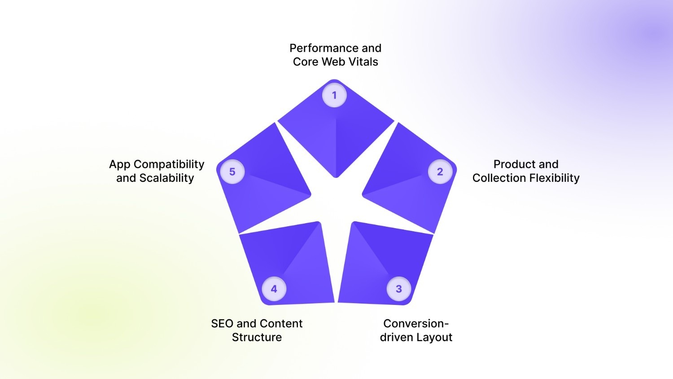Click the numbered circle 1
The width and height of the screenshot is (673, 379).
pyautogui.click(x=334, y=95)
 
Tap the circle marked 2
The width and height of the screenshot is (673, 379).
pyautogui.click(x=440, y=172)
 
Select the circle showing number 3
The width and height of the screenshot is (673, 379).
pyautogui.click(x=399, y=289)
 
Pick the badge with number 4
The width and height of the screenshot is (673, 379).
pyautogui.click(x=274, y=289)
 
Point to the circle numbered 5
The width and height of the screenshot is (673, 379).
pyautogui.click(x=232, y=172)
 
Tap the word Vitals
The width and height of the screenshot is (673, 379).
pyautogui.click(x=362, y=62)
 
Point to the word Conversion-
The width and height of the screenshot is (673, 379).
pyautogui.click(x=416, y=324)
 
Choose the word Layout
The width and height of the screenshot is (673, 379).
pyautogui.click(x=435, y=338)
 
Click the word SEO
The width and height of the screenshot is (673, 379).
pyautogui.click(x=222, y=324)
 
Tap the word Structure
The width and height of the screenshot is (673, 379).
pyautogui.click(x=257, y=338)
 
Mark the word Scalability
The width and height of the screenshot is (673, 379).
pyautogui.click(x=166, y=178)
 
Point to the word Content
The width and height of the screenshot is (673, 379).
pyautogui.click(x=281, y=324)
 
